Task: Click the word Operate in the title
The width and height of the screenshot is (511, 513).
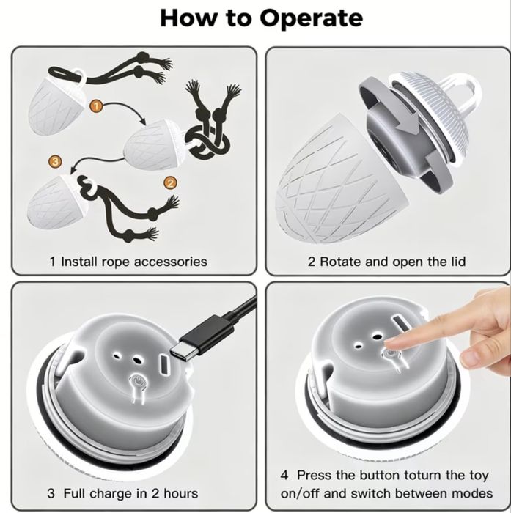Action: tap(311, 18)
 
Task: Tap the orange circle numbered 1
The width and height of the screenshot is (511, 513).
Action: tap(96, 106)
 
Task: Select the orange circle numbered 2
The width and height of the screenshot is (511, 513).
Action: tap(170, 183)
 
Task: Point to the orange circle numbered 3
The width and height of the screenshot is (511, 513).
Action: tap(55, 161)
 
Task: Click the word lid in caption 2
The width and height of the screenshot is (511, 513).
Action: tap(459, 262)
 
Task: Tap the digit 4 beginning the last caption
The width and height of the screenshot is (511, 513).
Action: tap(284, 475)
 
